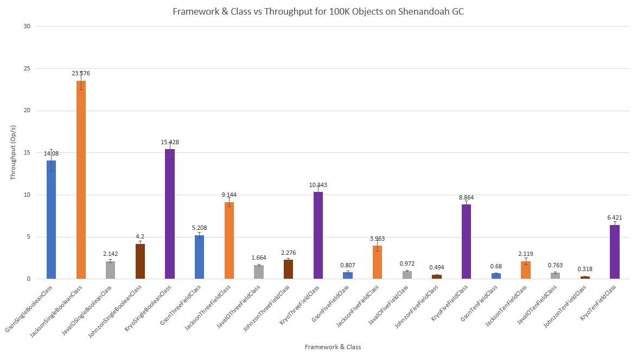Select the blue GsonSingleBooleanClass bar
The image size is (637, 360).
tap(51, 220)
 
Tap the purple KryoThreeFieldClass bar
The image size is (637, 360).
tap(318, 235)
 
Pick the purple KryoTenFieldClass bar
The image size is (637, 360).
tap(614, 252)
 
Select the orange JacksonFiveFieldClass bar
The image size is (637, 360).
tap(377, 262)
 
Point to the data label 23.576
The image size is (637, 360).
tap(81, 73)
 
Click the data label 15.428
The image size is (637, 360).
tap(169, 142)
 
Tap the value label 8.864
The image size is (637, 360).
tap(466, 197)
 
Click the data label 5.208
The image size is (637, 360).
tap(199, 228)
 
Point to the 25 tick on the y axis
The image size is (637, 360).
tap(27, 68)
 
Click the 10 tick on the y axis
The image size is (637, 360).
tap(27, 195)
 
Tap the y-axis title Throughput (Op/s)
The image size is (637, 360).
tap(13, 153)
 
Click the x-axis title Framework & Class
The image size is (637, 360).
tap(333, 346)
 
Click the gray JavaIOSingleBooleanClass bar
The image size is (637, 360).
tap(110, 270)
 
